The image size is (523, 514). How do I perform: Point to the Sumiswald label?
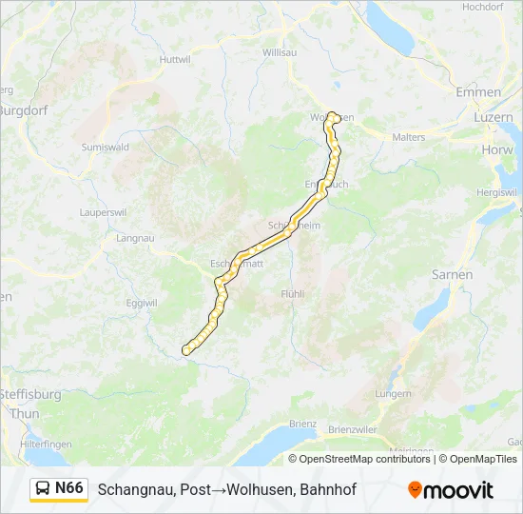click(x=105, y=148)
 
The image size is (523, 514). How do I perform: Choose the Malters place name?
click(x=409, y=137)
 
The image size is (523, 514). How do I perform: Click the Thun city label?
click(x=25, y=414)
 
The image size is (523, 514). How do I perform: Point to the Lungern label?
click(x=393, y=393)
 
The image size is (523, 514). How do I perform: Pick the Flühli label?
click(x=293, y=294)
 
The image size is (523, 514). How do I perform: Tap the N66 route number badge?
click(x=69, y=488)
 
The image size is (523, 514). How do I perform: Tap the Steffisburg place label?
click(x=29, y=393)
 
